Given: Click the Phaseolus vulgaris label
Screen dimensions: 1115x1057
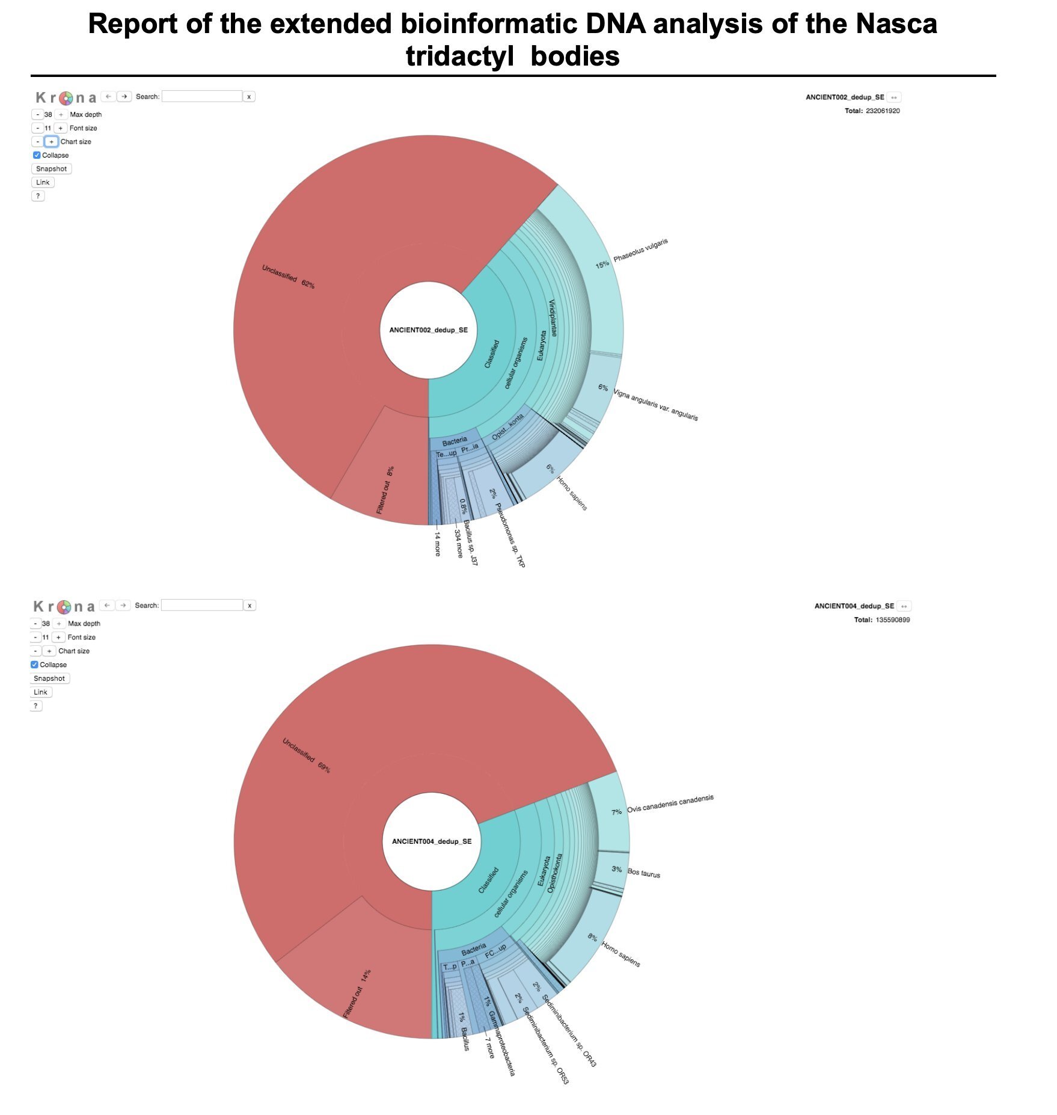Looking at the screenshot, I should (x=640, y=250).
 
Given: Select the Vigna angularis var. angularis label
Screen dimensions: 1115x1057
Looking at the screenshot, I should (x=655, y=404).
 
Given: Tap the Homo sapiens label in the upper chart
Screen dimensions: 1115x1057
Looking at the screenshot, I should (x=572, y=493).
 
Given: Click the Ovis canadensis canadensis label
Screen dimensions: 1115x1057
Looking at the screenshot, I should (x=670, y=803).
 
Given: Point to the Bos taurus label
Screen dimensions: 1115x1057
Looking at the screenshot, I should (x=643, y=873).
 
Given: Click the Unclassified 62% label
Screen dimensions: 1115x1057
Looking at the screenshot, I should (x=288, y=277).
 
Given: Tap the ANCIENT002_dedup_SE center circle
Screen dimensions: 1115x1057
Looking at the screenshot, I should (x=428, y=330).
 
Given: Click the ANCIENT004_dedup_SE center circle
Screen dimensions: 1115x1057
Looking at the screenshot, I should (x=432, y=841).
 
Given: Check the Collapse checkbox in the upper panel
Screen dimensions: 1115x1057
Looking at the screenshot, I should (x=37, y=155).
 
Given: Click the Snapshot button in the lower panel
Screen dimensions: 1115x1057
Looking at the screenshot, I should (x=49, y=678).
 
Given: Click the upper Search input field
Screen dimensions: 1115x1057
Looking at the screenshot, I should (x=202, y=96).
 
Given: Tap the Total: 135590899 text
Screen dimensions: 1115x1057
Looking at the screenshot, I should (x=881, y=620).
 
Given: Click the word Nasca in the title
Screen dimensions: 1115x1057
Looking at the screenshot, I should (x=896, y=24).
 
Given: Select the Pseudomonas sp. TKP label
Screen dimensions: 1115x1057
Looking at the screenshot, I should (x=510, y=535).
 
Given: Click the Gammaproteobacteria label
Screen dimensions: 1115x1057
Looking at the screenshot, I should (x=501, y=1043).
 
